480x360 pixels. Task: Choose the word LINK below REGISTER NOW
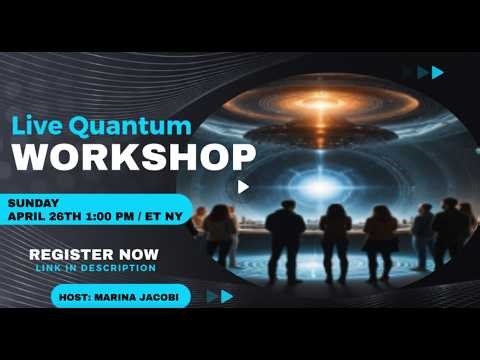pos(48,267)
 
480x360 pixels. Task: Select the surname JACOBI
pos(167,296)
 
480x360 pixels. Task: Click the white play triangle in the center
pos(243,186)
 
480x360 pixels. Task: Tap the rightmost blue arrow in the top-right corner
pos(437,72)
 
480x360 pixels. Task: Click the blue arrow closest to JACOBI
pos(212,296)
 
